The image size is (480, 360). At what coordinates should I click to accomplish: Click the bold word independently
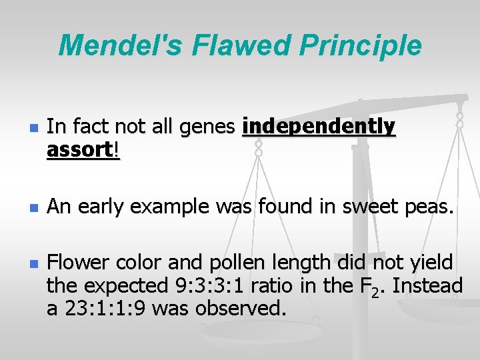(319, 126)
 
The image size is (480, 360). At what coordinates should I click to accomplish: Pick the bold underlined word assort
(80, 150)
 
